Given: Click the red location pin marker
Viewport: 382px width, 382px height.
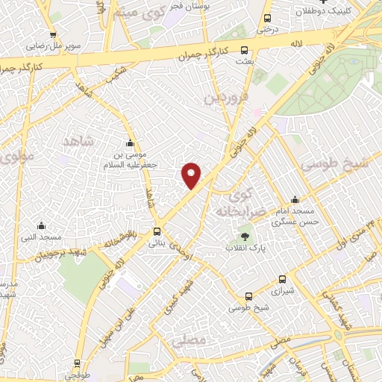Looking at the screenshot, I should (x=192, y=175).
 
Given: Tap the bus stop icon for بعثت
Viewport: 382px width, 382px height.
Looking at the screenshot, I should (x=245, y=51).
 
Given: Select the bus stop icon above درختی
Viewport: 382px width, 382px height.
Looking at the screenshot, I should (x=267, y=19).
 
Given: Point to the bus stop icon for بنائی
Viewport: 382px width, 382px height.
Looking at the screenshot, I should (x=157, y=231).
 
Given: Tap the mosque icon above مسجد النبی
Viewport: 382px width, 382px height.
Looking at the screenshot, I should (x=41, y=225).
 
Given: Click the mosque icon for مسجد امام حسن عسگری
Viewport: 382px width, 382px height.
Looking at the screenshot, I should (x=295, y=199).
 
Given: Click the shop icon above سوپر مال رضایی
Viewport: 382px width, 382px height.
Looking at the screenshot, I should (x=52, y=34).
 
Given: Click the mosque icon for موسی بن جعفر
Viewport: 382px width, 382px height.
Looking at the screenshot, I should (x=131, y=143).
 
